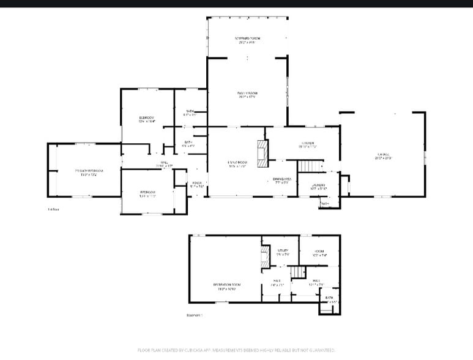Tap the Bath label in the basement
pos(329,298)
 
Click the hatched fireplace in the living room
pos(263,153)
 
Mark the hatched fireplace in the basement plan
pos(266,257)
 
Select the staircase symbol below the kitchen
pos(310,165)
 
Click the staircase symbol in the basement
pos(297,271)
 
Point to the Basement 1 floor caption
pos(194,315)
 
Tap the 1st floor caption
pos(53,209)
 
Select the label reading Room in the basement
pos(319,252)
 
